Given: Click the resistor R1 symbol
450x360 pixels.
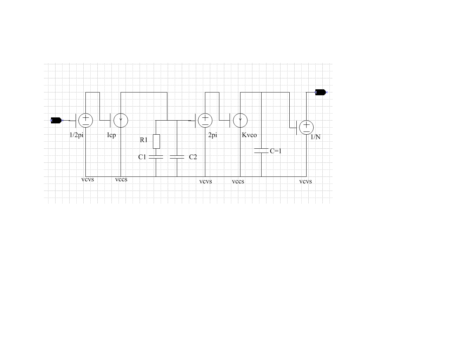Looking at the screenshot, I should tap(156, 141).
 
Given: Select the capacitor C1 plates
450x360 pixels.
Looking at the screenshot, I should tap(156, 157).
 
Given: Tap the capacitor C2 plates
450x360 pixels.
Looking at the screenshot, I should tap(177, 157).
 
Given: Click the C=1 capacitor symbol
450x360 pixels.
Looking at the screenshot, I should tap(261, 151).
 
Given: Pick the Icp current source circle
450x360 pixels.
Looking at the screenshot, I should tap(121, 120).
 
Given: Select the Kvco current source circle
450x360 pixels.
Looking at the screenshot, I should tap(240, 120).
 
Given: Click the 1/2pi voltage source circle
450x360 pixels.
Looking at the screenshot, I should tap(85, 120).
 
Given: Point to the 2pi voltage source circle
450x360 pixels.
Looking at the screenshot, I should tap(205, 120).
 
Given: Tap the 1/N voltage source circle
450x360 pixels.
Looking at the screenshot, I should tap(306, 127).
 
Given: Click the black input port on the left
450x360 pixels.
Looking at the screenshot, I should tap(56, 120).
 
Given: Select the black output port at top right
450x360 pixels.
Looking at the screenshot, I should tap(321, 92).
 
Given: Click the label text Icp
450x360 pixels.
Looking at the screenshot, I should tap(111, 135).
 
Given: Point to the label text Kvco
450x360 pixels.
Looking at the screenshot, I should tap(249, 135).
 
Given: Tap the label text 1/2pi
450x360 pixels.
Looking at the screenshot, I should tap(76, 135).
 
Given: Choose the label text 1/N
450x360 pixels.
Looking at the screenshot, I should tap(315, 137).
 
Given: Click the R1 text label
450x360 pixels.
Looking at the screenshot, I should tap(144, 140).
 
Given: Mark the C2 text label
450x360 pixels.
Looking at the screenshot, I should tap(193, 157).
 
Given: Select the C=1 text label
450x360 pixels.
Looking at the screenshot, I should tap(276, 151).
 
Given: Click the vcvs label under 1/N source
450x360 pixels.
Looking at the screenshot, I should tap(306, 181).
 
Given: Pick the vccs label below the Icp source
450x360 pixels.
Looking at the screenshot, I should tap(121, 179).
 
